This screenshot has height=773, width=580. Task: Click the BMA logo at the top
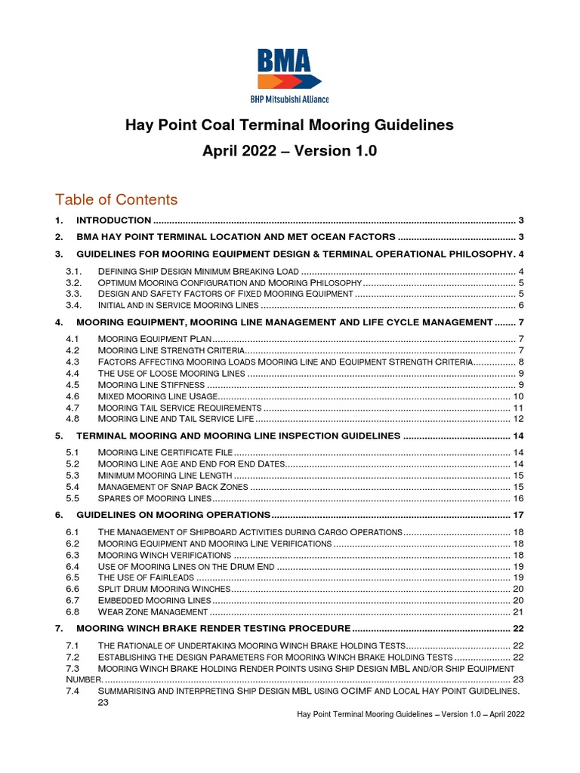click(x=290, y=75)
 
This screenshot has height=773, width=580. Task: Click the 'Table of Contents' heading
click(x=116, y=199)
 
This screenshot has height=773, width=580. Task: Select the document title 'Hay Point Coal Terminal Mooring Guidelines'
click(x=290, y=124)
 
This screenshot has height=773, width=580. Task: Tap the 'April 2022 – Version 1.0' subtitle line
click(x=290, y=151)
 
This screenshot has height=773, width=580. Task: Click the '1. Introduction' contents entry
click(x=113, y=220)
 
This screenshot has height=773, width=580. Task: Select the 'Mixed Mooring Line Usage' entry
click(x=158, y=396)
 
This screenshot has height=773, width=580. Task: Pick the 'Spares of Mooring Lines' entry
click(x=154, y=499)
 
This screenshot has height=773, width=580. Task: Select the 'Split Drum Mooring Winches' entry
click(x=162, y=589)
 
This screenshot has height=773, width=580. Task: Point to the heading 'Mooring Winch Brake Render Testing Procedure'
click(x=213, y=628)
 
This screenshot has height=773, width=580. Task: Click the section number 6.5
click(x=73, y=577)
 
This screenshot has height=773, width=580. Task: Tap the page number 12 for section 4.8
click(x=518, y=419)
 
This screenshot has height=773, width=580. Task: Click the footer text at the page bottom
click(x=411, y=714)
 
